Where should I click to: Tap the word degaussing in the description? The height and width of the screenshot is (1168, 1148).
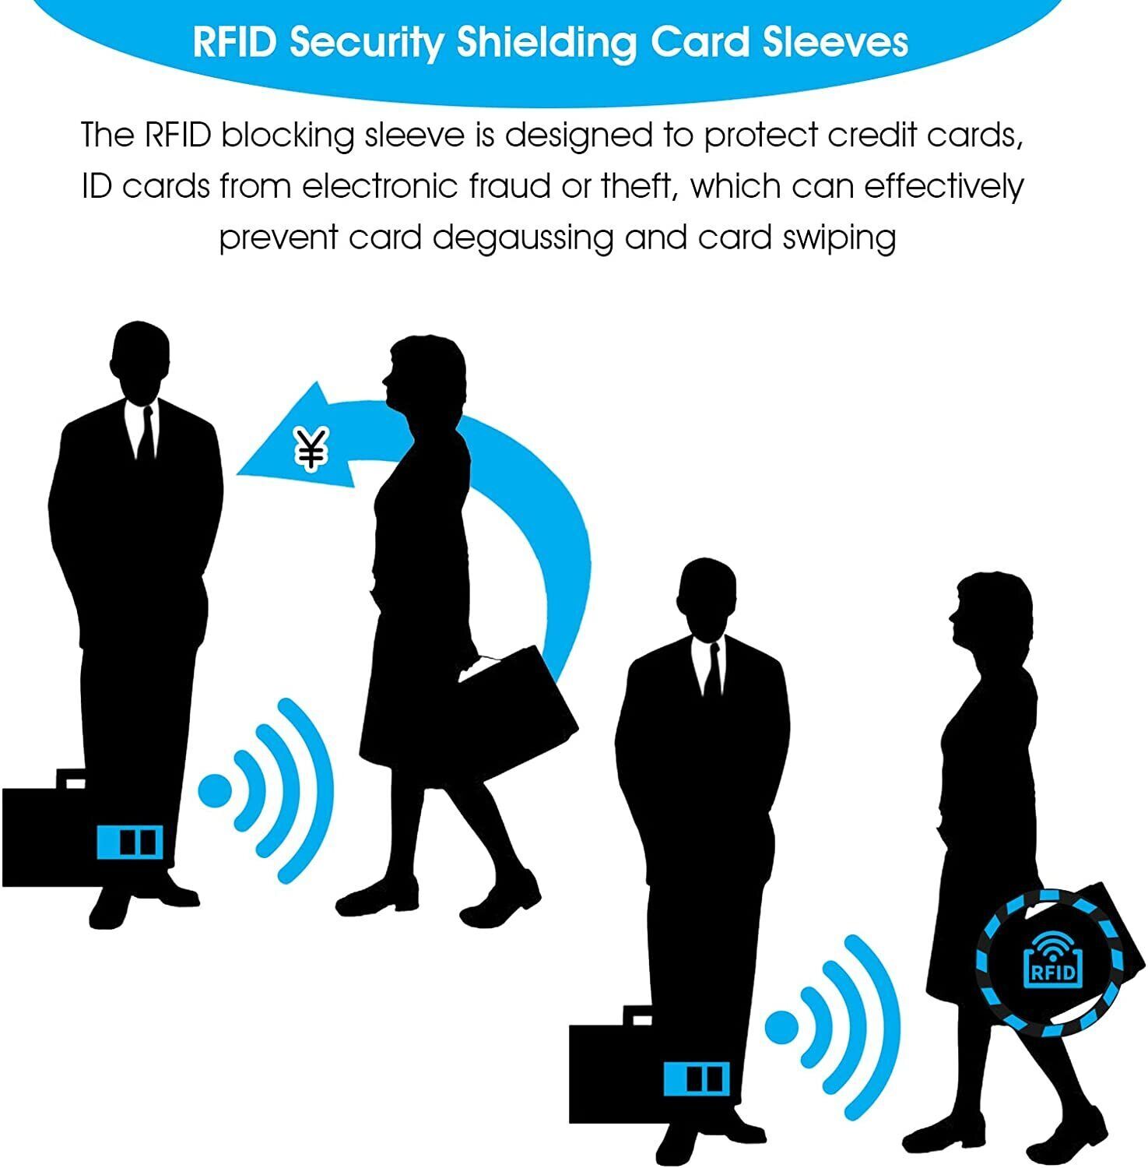[x=524, y=237]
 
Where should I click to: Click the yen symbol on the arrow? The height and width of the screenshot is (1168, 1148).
[x=312, y=449]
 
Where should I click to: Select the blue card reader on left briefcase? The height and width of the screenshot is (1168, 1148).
[x=130, y=842]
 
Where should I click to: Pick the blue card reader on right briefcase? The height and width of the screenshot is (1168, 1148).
[x=697, y=1078]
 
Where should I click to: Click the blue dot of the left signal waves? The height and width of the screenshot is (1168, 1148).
[x=215, y=790]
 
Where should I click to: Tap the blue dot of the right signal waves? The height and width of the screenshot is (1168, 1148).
[x=781, y=1027]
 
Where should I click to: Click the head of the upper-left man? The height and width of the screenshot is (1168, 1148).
[x=141, y=362]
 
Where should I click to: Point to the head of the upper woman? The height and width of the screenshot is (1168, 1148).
[x=424, y=374]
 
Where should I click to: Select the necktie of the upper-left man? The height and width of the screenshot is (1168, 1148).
[x=146, y=436]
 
